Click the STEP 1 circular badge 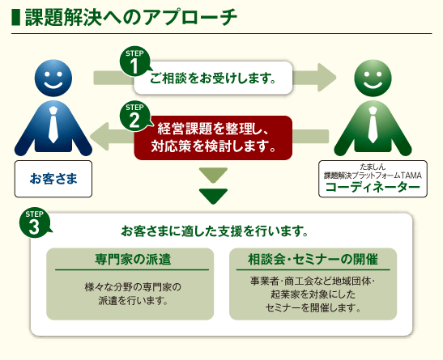134,61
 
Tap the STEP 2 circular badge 134,116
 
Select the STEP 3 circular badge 34,224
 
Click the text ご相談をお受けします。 212,78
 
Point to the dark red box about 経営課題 213,138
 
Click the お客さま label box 53,179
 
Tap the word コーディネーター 373,188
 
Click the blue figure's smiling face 53,78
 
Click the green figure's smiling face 373,78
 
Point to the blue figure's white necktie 53,125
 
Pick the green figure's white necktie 373,125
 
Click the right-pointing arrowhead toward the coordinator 327,78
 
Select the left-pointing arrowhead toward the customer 100,136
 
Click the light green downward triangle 213,176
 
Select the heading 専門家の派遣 133,259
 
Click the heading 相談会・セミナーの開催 313,259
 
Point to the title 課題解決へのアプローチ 131,18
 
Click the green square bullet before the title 16,18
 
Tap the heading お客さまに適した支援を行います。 215,231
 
